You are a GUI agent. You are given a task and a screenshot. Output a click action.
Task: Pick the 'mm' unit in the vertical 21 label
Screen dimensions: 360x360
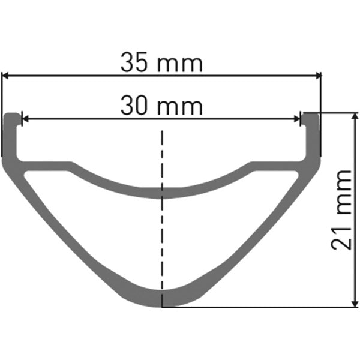click(x=341, y=193)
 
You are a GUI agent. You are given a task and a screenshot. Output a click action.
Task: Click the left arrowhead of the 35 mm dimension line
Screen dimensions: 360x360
click(x=6, y=76)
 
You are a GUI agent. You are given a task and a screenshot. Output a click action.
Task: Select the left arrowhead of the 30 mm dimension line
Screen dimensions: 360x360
click(x=25, y=119)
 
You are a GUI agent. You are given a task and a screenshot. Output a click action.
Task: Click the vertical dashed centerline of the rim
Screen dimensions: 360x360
click(x=161, y=240)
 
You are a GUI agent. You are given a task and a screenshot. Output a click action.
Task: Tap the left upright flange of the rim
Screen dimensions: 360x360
click(x=10, y=138)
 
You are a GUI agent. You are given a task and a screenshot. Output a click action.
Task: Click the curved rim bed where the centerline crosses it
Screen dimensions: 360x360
click(x=161, y=191)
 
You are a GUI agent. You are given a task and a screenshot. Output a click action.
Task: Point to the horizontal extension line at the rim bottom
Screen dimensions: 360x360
click(x=258, y=307)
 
